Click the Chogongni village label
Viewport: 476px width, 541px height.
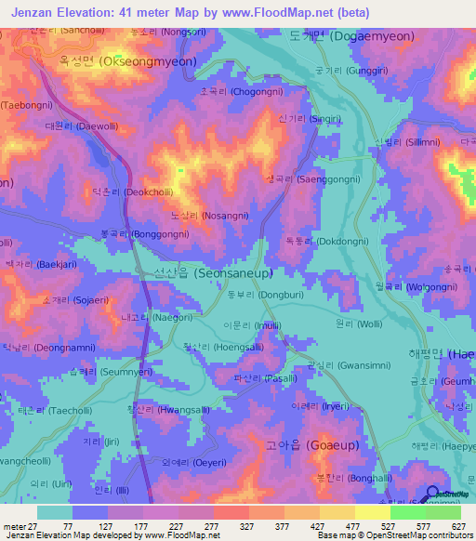tap(239, 93)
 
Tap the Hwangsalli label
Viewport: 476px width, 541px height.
tap(167, 408)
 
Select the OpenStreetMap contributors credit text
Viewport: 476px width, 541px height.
tap(427, 535)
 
